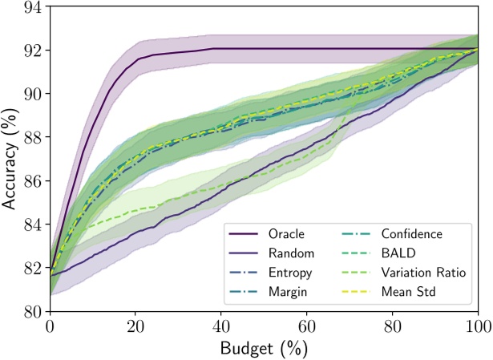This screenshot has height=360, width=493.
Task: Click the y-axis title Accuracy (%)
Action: [x=11, y=158]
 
